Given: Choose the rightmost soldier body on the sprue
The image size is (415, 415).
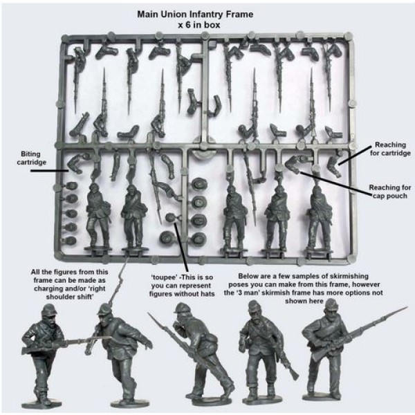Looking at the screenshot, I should [x=317, y=211].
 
